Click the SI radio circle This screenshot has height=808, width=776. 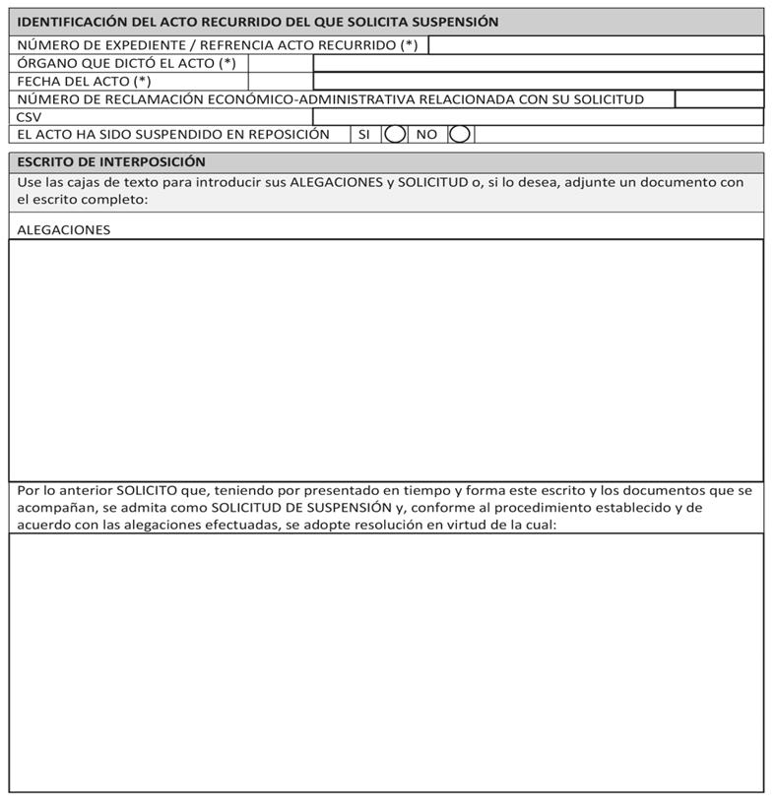pyautogui.click(x=395, y=135)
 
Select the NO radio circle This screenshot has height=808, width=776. pyautogui.click(x=459, y=135)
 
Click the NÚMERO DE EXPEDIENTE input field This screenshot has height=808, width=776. pyautogui.click(x=596, y=45)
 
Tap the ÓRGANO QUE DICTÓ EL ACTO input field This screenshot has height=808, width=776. pyautogui.click(x=538, y=64)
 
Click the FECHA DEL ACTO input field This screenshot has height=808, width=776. pyautogui.click(x=538, y=82)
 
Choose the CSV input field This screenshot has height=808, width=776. pyautogui.click(x=538, y=117)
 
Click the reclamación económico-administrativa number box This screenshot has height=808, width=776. pyautogui.click(x=719, y=99)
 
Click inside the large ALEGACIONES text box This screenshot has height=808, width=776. pyautogui.click(x=386, y=359)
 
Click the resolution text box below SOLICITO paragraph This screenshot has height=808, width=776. pyautogui.click(x=386, y=661)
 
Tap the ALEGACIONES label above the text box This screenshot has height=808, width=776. pyautogui.click(x=64, y=230)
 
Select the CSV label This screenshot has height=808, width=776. pyautogui.click(x=30, y=117)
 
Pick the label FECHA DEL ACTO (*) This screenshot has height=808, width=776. pyautogui.click(x=85, y=82)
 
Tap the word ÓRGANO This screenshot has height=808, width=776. pyautogui.click(x=45, y=64)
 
